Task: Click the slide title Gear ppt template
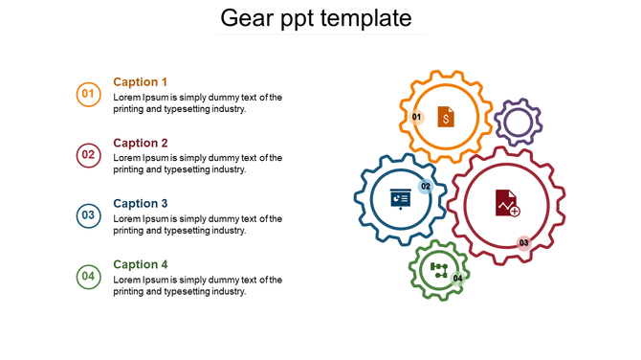point(316,18)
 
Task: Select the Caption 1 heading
point(141,82)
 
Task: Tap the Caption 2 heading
point(141,143)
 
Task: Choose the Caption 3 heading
point(141,204)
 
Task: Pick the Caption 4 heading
point(141,264)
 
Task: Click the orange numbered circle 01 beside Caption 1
point(88,94)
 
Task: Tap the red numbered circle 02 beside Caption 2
point(88,154)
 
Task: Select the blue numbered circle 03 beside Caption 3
point(88,215)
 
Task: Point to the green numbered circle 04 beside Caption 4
point(88,277)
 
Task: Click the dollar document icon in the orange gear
point(446,117)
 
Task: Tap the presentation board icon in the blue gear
point(400,200)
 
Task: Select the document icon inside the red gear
point(507,203)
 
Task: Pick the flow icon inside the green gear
point(439,269)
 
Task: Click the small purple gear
point(519,123)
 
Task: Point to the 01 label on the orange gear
point(417,117)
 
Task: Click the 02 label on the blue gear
point(426,186)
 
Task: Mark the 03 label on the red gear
point(523,243)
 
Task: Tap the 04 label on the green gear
point(458,279)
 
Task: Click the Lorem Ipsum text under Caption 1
point(197,103)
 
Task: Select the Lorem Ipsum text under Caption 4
point(197,285)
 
